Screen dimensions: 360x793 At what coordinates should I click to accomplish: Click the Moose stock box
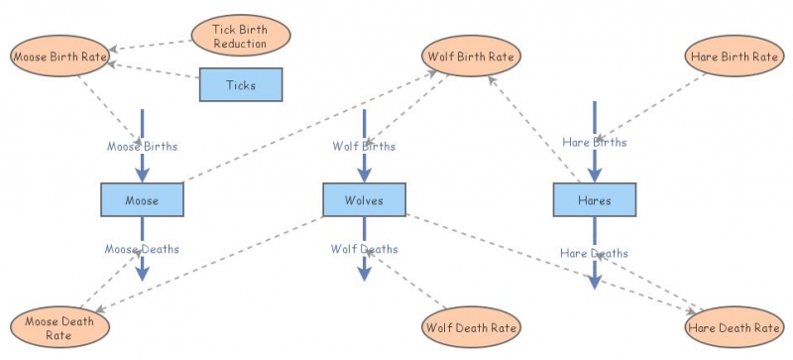pyautogui.click(x=142, y=200)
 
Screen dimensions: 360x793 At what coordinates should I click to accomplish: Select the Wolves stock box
pyautogui.click(x=364, y=200)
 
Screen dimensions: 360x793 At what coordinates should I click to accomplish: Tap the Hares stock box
pyautogui.click(x=594, y=200)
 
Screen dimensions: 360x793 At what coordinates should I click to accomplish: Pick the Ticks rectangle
pyautogui.click(x=240, y=85)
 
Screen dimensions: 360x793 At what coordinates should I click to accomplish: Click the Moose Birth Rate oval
pyautogui.click(x=59, y=56)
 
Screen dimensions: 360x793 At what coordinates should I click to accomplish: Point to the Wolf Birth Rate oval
pyautogui.click(x=471, y=56)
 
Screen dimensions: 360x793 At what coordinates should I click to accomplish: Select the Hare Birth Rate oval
pyautogui.click(x=733, y=56)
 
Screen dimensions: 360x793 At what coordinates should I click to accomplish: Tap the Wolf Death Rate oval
pyautogui.click(x=471, y=326)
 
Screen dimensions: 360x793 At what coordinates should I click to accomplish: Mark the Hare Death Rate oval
pyautogui.click(x=733, y=326)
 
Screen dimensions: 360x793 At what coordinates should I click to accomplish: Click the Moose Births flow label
pyautogui.click(x=142, y=146)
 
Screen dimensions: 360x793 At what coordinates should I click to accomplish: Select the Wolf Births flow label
pyautogui.click(x=364, y=146)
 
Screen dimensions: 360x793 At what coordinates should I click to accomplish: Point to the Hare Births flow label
pyautogui.click(x=594, y=142)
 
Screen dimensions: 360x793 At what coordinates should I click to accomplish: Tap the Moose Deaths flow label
pyautogui.click(x=142, y=248)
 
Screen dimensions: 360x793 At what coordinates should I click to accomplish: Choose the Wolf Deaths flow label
pyautogui.click(x=364, y=249)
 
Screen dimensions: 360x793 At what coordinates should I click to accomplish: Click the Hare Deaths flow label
pyautogui.click(x=594, y=253)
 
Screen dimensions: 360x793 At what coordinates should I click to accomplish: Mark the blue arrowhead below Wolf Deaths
pyautogui.click(x=364, y=273)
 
